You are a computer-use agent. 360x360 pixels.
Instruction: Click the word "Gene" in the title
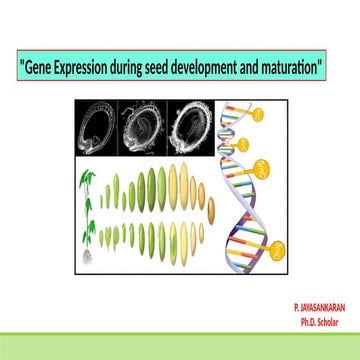coord(39,69)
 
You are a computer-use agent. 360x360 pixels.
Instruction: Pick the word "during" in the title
coord(133,69)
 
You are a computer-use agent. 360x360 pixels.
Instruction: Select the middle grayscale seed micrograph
coord(144,128)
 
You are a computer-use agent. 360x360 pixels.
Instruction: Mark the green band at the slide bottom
coord(180,347)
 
